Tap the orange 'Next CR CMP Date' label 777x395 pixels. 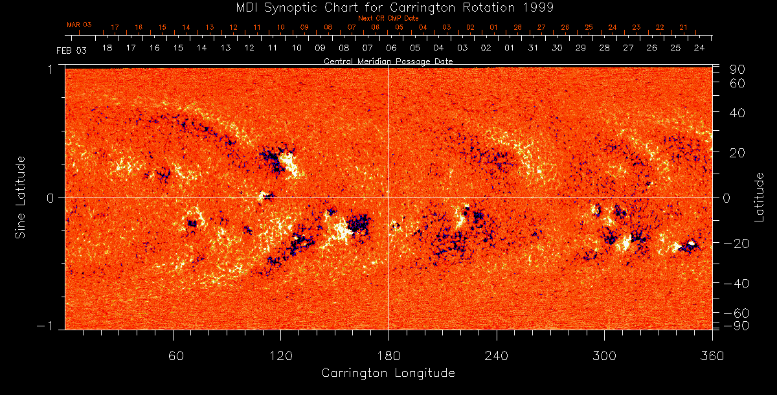(388, 18)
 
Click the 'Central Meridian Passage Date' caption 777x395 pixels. (388, 61)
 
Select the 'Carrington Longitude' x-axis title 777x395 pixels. (388, 373)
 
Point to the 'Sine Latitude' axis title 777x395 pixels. (21, 196)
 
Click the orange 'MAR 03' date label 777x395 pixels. (80, 25)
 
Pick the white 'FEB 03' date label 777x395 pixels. (71, 50)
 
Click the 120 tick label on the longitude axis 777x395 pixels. (281, 356)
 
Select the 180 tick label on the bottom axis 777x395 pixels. (388, 356)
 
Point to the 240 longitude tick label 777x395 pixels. (496, 356)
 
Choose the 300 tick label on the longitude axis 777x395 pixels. (603, 356)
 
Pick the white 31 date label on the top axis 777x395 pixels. (533, 49)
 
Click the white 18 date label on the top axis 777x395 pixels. (107, 49)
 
